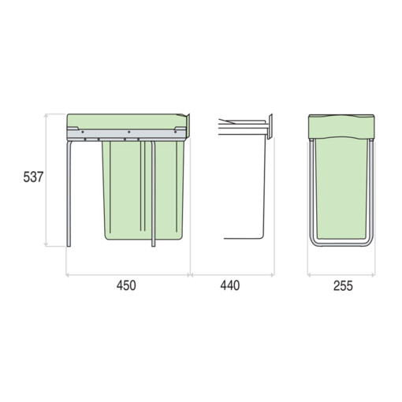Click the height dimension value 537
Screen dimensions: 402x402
[x=33, y=177]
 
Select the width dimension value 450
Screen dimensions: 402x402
[x=126, y=285]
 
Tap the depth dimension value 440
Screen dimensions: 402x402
[x=230, y=285]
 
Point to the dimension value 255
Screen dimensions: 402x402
[x=343, y=286]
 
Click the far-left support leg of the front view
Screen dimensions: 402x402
[x=69, y=194]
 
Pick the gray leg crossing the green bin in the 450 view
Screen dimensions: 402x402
[x=154, y=194]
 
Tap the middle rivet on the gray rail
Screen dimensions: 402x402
[x=128, y=132]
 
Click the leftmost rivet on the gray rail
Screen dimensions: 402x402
[x=83, y=132]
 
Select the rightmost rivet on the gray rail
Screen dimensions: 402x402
[x=175, y=132]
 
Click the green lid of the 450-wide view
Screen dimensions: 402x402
[x=126, y=121]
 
